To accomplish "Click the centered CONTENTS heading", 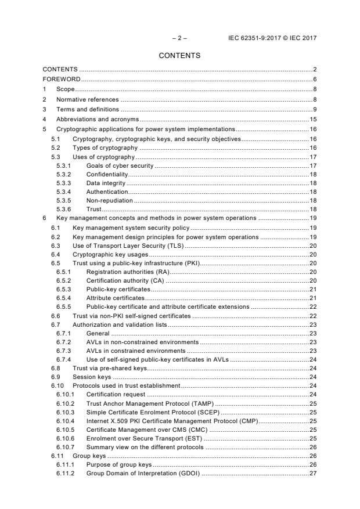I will pyautogui.click(x=179, y=56).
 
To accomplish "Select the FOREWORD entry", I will pyautogui.click(x=61, y=79).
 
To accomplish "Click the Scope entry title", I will pyautogui.click(x=65, y=89).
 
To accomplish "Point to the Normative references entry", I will pyautogui.click(x=87, y=99).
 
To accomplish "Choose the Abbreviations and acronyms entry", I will pyautogui.click(x=97, y=119).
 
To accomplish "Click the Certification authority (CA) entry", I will pyautogui.click(x=125, y=280).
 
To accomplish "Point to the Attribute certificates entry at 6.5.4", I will pyautogui.click(x=115, y=298).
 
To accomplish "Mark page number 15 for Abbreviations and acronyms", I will pyautogui.click(x=312, y=119).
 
